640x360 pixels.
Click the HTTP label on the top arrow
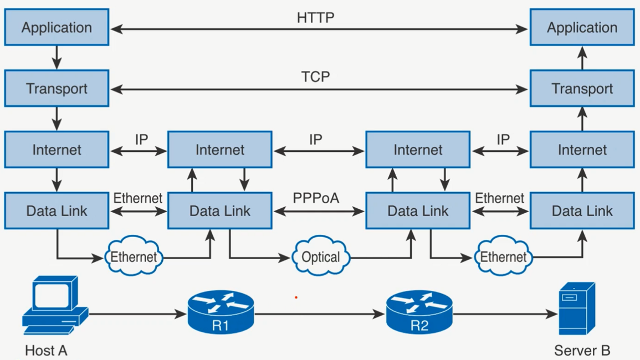(x=315, y=18)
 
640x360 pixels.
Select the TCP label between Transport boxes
(x=315, y=77)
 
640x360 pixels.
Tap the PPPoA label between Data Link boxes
(x=316, y=198)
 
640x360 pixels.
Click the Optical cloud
(x=321, y=257)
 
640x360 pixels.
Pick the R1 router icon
(x=221, y=313)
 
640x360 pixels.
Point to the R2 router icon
(x=419, y=313)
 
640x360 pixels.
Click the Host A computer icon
(x=54, y=306)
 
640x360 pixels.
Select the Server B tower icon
(x=577, y=308)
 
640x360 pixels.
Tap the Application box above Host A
(x=57, y=28)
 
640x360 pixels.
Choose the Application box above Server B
(x=582, y=28)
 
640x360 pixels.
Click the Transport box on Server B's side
(x=582, y=89)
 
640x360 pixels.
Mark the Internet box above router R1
(x=219, y=150)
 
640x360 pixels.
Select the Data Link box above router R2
(x=418, y=210)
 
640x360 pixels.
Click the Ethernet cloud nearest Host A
(x=134, y=257)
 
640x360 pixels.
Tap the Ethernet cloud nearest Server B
(x=503, y=257)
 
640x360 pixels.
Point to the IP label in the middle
(x=316, y=140)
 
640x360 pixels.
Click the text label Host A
(x=46, y=351)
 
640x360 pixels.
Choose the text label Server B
(x=582, y=351)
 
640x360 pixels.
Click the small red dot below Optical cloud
(x=296, y=297)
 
